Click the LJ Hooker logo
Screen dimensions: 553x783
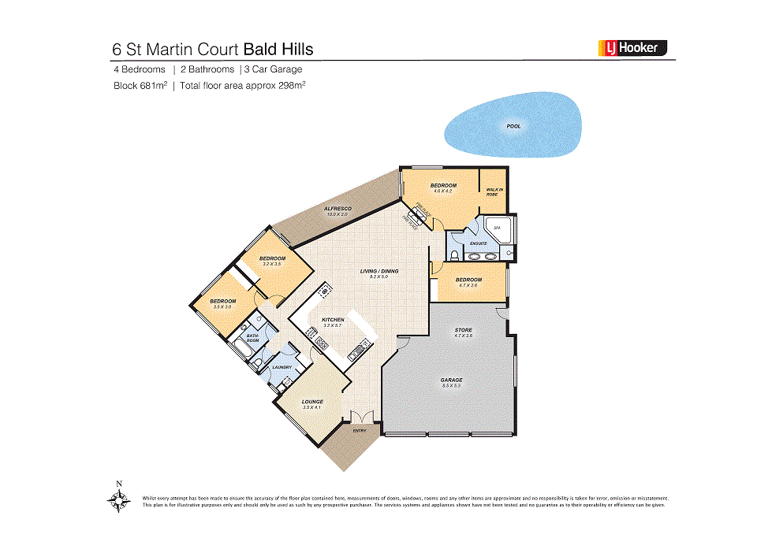coord(632,48)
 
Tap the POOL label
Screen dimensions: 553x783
coord(513,126)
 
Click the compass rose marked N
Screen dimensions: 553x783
coord(118,499)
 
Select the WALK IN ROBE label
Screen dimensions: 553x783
coord(494,191)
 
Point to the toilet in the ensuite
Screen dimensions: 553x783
coord(454,254)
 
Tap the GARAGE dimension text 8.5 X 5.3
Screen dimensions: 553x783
coord(451,386)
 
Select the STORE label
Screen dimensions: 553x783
coord(464,330)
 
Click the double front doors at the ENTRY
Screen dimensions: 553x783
coord(360,418)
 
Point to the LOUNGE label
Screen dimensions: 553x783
coord(312,402)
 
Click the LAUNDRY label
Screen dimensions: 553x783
coord(282,367)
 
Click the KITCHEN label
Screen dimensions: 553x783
coord(333,320)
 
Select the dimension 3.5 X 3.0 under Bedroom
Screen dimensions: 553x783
coord(222,306)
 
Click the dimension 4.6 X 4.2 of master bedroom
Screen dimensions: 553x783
coord(443,191)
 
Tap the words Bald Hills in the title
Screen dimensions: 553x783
coord(278,49)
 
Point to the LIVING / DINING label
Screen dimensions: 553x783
coord(379,271)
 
